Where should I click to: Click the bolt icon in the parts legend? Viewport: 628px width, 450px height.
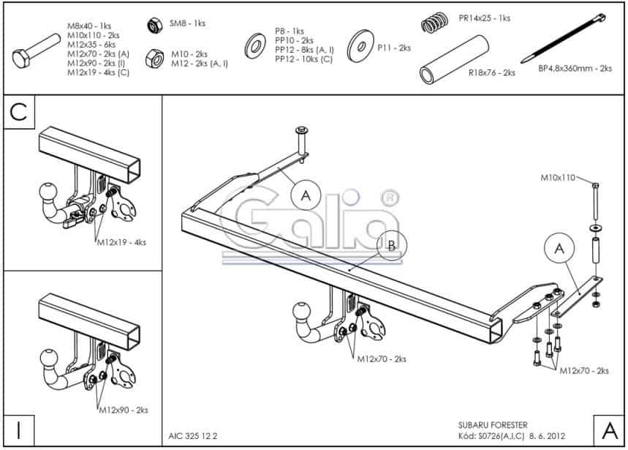click(36, 51)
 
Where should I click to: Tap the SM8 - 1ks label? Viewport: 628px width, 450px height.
click(187, 23)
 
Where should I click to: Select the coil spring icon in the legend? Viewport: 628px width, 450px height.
click(434, 23)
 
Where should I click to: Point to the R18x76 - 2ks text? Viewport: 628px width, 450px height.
click(492, 73)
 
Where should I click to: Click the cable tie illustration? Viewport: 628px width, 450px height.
click(563, 38)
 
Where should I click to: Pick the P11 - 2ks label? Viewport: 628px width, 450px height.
click(394, 48)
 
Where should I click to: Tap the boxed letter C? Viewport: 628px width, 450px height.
click(19, 112)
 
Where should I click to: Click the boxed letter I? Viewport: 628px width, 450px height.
click(19, 430)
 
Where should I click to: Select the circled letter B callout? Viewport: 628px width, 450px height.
click(392, 245)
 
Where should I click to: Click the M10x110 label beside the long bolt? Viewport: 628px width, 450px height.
click(558, 178)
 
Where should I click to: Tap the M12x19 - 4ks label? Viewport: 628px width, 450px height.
click(122, 242)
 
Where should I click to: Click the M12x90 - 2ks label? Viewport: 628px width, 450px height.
click(124, 410)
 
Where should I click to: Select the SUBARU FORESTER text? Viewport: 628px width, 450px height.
click(493, 424)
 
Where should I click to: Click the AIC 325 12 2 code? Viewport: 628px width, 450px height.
click(193, 436)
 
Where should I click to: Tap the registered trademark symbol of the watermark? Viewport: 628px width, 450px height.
click(389, 198)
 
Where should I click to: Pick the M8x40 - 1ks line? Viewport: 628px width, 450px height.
click(89, 26)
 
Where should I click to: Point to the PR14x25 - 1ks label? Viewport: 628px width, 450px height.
click(485, 18)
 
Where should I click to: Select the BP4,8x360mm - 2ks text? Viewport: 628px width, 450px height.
click(575, 69)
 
